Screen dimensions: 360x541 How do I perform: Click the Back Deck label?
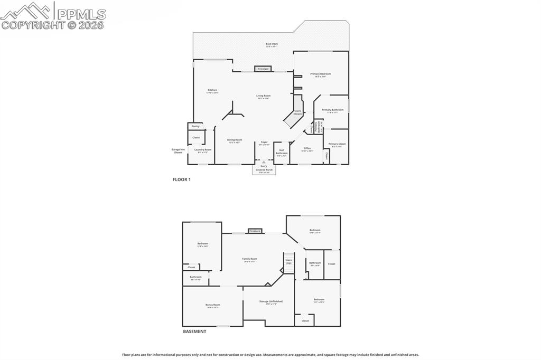[x=272, y=45]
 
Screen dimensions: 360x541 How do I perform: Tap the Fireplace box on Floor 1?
[x=263, y=69]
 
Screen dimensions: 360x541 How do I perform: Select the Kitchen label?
[x=212, y=91]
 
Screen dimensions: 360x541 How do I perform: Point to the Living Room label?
[x=263, y=97]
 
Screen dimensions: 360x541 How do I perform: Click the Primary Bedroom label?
[x=320, y=75]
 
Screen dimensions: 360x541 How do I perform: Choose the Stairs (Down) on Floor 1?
[x=297, y=112]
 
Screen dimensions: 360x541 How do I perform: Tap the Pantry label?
[x=195, y=126]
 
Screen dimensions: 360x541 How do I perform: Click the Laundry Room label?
[x=203, y=150]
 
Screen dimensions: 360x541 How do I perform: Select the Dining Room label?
[x=234, y=141]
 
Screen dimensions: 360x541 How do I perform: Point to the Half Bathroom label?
[x=282, y=153]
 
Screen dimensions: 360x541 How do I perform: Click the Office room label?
[x=307, y=149]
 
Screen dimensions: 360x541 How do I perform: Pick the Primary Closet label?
[x=337, y=145]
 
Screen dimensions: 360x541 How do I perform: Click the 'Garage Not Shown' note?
[x=178, y=150]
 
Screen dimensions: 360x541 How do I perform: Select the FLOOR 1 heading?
[x=181, y=179]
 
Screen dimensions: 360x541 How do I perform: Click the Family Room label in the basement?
[x=249, y=260]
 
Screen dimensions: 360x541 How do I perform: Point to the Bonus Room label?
[x=212, y=306]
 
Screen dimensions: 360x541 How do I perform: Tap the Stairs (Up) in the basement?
[x=288, y=261]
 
